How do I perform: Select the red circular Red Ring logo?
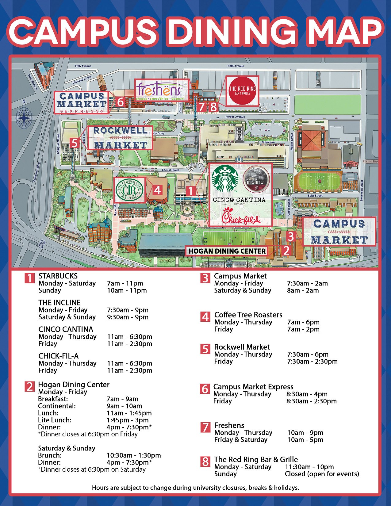tap(242, 91)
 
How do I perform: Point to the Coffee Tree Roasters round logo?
tap(129, 190)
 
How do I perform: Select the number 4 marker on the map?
tap(157, 190)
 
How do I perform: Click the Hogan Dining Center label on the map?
tap(227, 251)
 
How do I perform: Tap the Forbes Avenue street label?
tap(235, 117)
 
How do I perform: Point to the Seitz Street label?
tap(315, 196)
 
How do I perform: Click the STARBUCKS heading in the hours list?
tap(58, 276)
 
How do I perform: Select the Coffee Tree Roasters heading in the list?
tap(248, 315)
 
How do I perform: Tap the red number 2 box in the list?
tap(29, 387)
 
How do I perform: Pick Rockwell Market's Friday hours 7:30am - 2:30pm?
tap(312, 362)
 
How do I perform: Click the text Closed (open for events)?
tap(322, 474)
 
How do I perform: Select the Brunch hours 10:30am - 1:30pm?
tap(134, 455)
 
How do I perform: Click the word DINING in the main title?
tap(233, 32)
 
